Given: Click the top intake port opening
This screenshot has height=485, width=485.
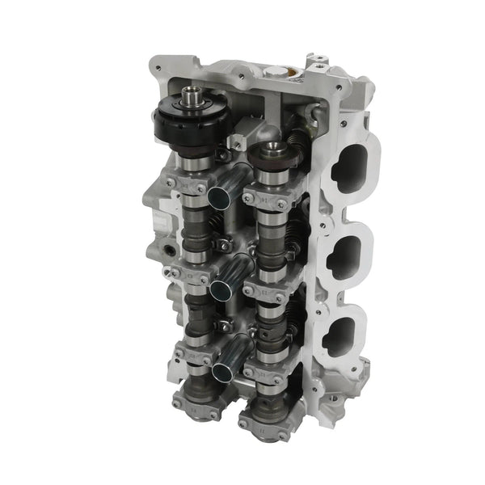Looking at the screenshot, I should pos(352,167).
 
